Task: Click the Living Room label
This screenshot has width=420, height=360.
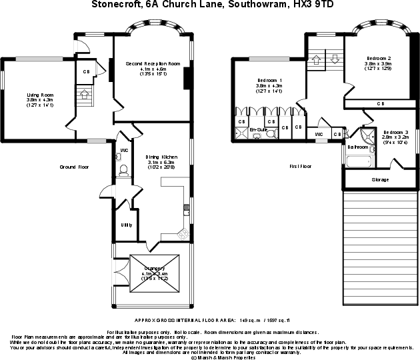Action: (40, 95)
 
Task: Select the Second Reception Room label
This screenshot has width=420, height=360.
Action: (153, 63)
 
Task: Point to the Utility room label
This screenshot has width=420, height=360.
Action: (126, 225)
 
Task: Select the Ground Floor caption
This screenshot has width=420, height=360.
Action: (74, 167)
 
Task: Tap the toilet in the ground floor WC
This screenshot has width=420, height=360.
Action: (121, 171)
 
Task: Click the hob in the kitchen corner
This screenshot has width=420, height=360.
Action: (183, 233)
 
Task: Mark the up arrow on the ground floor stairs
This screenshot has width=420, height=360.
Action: (83, 95)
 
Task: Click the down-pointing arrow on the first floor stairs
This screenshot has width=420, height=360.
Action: (335, 59)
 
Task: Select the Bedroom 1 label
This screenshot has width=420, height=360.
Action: (269, 81)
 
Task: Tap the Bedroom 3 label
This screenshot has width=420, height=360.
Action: (396, 132)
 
